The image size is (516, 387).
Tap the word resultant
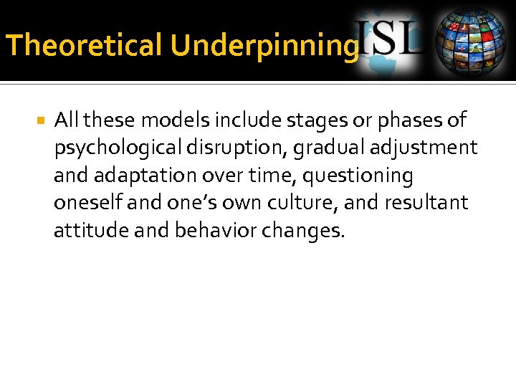tap(427, 204)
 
